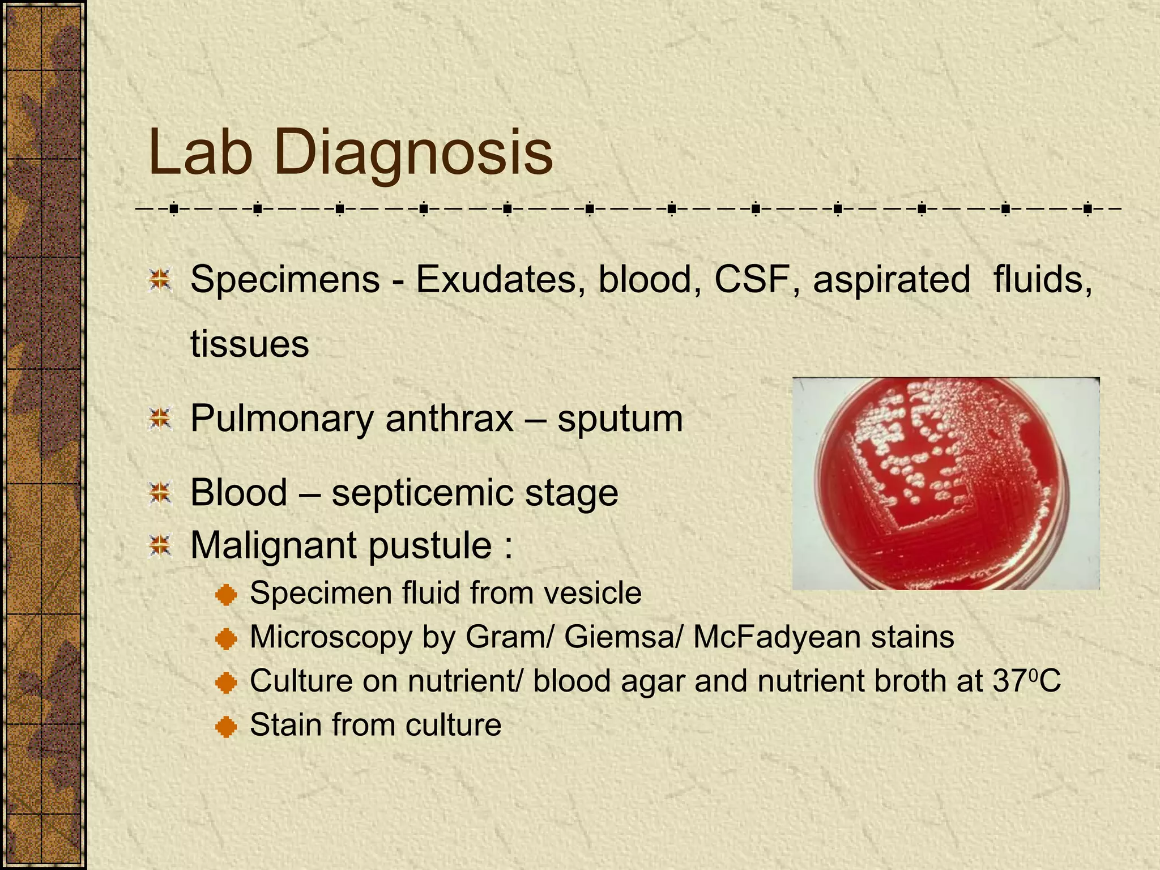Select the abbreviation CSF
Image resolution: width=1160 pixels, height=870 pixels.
click(752, 279)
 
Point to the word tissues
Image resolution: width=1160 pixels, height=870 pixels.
click(250, 344)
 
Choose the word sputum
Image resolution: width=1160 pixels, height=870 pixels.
click(620, 420)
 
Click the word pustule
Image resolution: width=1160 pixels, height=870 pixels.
click(430, 546)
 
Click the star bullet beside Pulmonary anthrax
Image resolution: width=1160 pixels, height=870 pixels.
click(160, 419)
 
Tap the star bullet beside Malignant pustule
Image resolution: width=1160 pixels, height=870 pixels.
click(160, 546)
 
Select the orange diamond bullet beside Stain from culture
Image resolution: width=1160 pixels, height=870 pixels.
click(226, 726)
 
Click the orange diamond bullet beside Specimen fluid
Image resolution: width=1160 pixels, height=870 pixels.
click(226, 595)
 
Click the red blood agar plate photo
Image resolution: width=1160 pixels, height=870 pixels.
click(945, 483)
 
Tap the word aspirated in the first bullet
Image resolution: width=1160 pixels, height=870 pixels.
click(892, 279)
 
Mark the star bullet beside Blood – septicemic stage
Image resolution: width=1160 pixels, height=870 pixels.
click(160, 493)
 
